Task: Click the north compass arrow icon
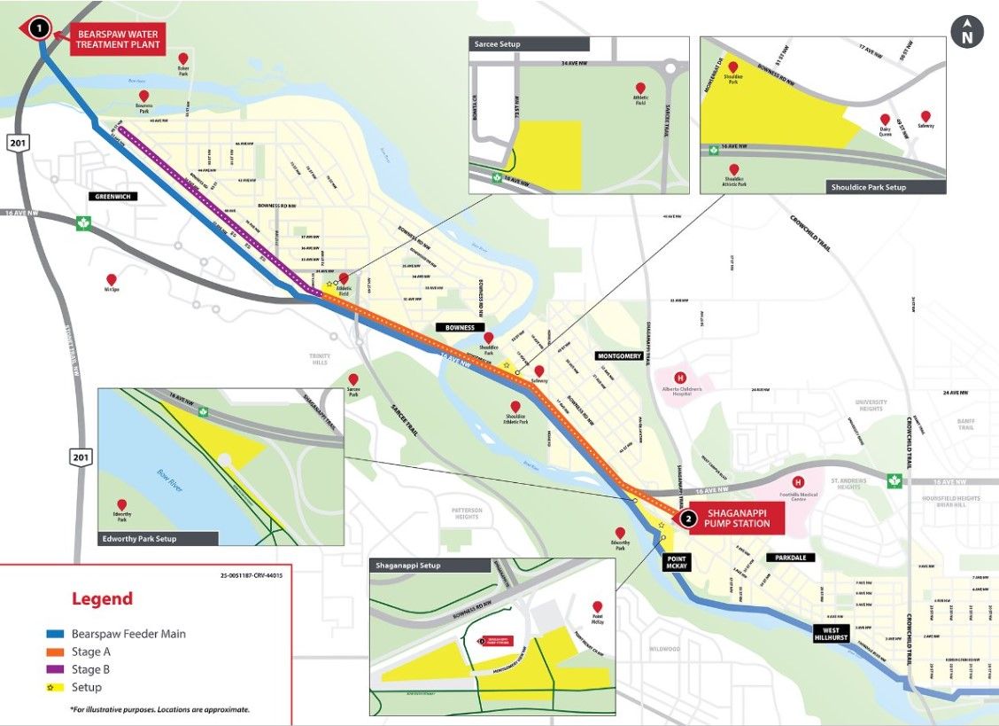pos(966,31)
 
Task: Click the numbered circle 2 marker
pos(687,518)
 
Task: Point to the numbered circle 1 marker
pos(38,28)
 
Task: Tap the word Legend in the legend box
pos(102,599)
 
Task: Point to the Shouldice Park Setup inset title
pos(868,187)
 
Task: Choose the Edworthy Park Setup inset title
pos(140,538)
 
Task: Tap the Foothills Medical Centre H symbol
pos(798,483)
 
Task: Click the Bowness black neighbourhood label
pos(461,327)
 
